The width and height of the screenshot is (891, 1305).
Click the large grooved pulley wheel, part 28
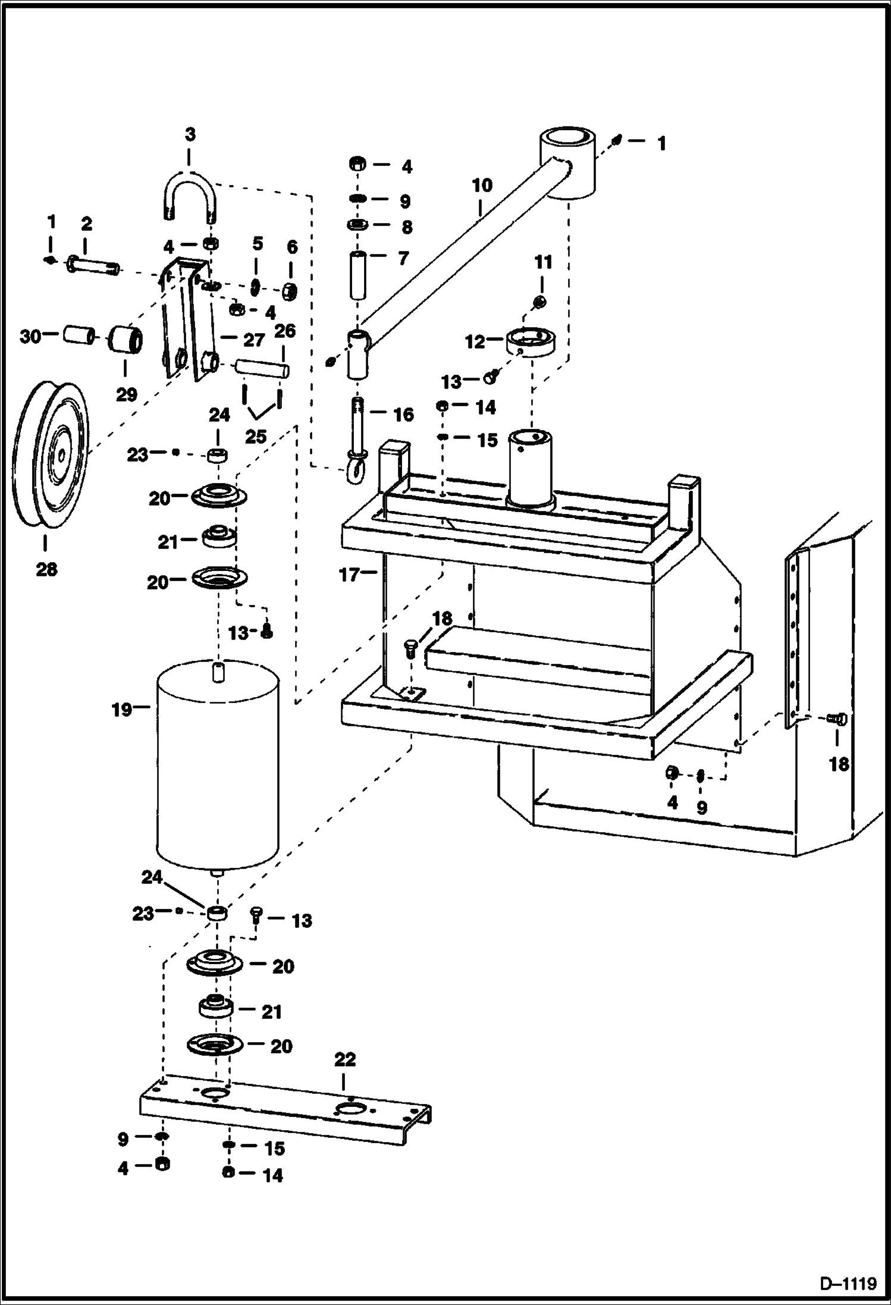(51, 455)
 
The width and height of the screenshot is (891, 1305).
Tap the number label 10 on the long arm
(482, 186)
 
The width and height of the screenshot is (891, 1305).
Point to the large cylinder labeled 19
(217, 767)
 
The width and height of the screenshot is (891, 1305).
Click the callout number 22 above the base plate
(345, 1059)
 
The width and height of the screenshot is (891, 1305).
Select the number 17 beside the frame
(349, 575)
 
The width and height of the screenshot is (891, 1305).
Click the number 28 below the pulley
(46, 569)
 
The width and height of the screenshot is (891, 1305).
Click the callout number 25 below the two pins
(256, 437)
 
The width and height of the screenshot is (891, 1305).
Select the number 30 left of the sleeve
(30, 337)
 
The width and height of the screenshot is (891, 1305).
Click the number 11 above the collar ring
(543, 262)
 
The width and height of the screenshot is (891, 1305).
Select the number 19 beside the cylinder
(121, 710)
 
